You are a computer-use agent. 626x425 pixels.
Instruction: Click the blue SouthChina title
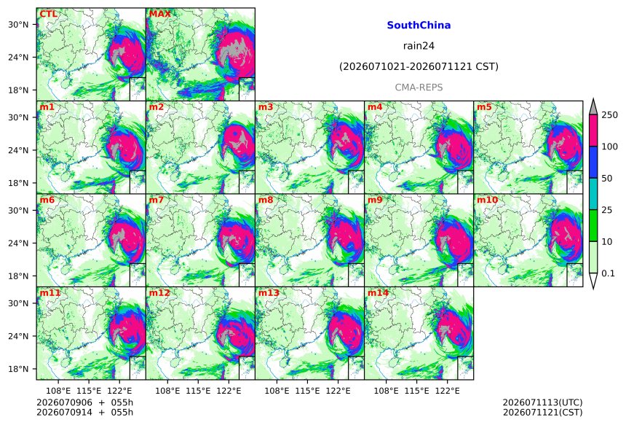419,26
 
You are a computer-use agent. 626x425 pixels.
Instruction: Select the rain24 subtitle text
419,46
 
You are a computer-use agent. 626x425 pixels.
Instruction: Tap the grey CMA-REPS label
419,87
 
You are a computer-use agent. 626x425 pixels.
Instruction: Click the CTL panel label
48,14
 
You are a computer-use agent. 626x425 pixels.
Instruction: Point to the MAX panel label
159,14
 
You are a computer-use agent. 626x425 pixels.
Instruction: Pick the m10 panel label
487,200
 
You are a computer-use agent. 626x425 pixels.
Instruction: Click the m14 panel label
378,293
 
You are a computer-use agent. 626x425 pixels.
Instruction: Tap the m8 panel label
266,200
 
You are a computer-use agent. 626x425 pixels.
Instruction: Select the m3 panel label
266,107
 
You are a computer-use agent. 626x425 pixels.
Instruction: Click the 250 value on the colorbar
610,115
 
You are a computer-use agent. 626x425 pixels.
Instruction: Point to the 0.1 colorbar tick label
608,273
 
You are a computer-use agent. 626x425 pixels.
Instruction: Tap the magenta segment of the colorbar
593,130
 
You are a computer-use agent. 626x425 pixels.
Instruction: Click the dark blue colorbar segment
593,162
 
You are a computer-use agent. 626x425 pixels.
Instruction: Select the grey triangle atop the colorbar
593,107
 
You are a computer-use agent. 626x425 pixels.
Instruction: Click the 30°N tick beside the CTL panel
18,25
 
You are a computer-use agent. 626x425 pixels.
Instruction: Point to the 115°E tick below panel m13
307,391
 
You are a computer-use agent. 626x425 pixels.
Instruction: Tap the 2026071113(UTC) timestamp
542,402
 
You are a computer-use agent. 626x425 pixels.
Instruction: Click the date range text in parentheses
419,66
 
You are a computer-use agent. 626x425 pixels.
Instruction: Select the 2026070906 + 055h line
84,402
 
